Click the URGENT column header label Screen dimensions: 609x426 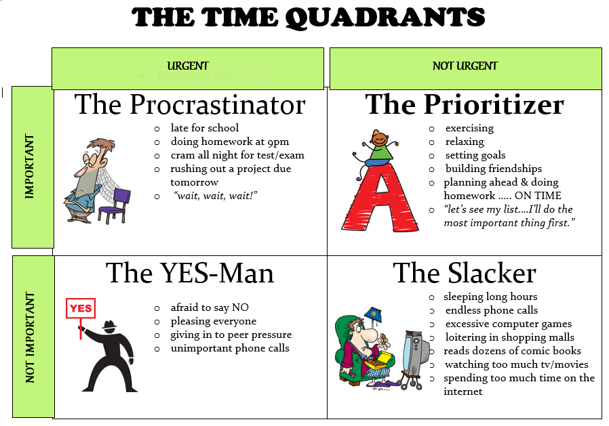coord(188,66)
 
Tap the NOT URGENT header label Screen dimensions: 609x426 coord(465,66)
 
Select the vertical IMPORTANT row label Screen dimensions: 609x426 coord(30,167)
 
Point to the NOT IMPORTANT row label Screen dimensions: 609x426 coord(30,337)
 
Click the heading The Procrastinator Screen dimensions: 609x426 coord(190,105)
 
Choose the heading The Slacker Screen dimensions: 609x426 coord(465,273)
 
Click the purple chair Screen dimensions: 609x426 coord(115,205)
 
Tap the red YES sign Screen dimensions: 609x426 coord(81,308)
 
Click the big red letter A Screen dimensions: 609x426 coord(380,198)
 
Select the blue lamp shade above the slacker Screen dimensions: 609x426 coord(373,314)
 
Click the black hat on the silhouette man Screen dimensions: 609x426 coord(110,325)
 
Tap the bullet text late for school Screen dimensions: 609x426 coord(205,128)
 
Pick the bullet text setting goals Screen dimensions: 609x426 coord(475,155)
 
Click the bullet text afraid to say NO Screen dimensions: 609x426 coord(210,307)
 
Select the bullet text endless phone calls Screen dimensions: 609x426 coord(492,310)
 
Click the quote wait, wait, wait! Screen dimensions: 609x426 coord(216,196)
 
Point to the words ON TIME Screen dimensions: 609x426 coord(538,196)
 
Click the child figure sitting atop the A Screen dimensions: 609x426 coord(377,150)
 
